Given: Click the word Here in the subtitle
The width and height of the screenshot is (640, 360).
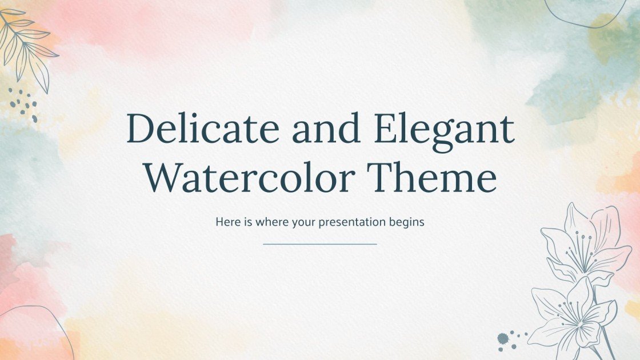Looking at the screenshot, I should pos(226,222).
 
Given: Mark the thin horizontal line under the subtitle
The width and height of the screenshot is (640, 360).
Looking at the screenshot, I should pos(320,244).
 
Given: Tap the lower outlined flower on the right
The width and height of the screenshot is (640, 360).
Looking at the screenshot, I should pos(571,314).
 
